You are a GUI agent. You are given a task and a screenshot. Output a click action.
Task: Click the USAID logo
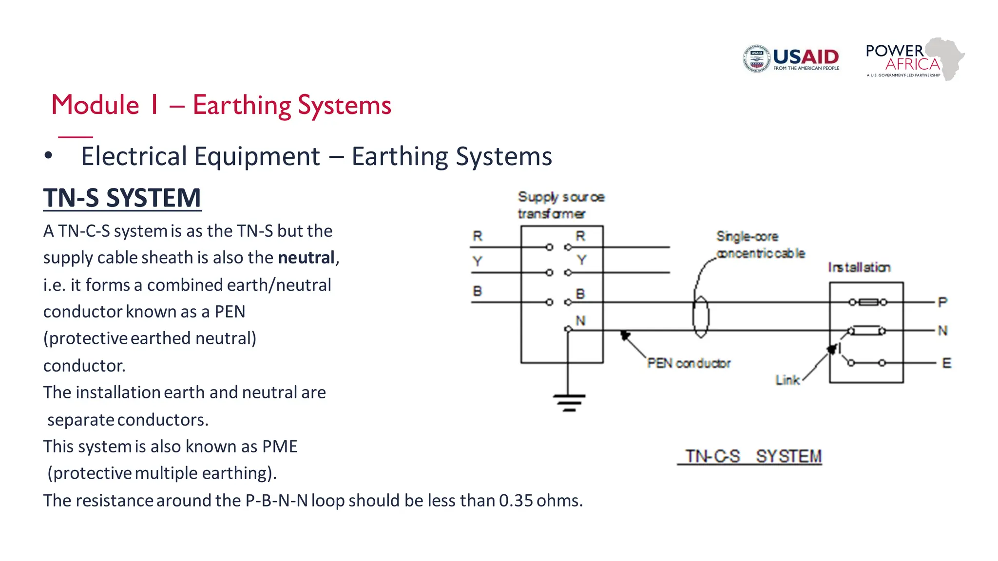click(x=791, y=59)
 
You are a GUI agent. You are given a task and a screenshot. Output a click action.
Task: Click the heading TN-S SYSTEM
click(x=122, y=198)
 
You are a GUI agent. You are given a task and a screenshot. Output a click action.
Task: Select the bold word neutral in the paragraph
click(x=306, y=258)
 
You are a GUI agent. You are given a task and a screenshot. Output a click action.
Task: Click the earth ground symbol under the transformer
click(x=569, y=402)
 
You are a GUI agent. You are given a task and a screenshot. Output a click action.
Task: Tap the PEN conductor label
click(x=689, y=363)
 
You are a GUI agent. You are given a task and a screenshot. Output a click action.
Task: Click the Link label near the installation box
click(x=787, y=380)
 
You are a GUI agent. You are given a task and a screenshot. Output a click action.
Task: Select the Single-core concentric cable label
click(x=760, y=245)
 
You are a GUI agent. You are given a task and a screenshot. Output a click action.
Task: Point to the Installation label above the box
click(x=859, y=267)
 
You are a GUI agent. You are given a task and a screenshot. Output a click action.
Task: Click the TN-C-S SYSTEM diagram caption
click(x=753, y=457)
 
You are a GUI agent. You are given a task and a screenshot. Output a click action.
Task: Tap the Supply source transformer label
click(x=560, y=205)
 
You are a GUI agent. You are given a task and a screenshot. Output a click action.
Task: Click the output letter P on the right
click(x=942, y=302)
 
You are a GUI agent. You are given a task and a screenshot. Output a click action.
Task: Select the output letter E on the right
click(x=946, y=363)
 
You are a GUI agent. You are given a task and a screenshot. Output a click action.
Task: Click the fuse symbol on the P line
click(x=868, y=302)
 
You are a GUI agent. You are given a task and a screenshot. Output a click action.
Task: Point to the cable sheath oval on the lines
click(x=701, y=317)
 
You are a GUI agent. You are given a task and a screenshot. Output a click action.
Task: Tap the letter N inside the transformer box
click(x=580, y=321)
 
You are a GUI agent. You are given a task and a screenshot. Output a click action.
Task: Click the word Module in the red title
click(x=96, y=105)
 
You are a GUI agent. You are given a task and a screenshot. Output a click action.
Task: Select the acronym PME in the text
click(x=280, y=447)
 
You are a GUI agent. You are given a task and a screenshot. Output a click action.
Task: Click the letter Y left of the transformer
click(x=477, y=262)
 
